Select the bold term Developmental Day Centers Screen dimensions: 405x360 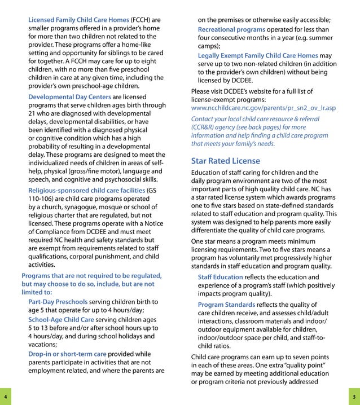69,97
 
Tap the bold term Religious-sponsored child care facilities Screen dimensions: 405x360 86,190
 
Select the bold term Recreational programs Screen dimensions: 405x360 231,29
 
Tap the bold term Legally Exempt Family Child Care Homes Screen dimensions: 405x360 257,55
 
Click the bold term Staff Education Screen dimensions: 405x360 220,277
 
